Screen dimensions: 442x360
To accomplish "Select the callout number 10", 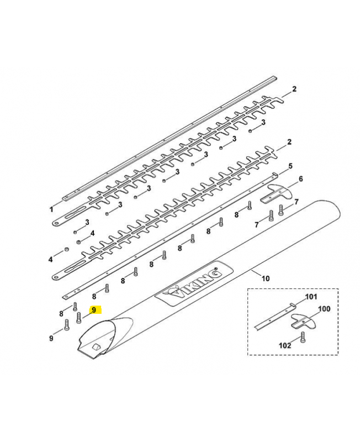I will coord(266,278).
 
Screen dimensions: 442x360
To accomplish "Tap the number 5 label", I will coord(291,166).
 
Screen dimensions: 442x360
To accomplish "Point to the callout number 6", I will coord(300,179).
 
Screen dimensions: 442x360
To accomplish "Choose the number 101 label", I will coord(311,297).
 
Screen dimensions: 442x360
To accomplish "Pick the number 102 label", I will coord(284,345).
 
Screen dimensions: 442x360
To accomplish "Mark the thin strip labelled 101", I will coord(276,315).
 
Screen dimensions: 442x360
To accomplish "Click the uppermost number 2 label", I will coord(294,89).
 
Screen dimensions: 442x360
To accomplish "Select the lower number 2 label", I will coord(289,143).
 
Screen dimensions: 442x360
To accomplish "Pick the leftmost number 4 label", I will coord(50,259).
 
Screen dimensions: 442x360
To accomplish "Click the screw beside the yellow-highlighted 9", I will coord(79,317).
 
